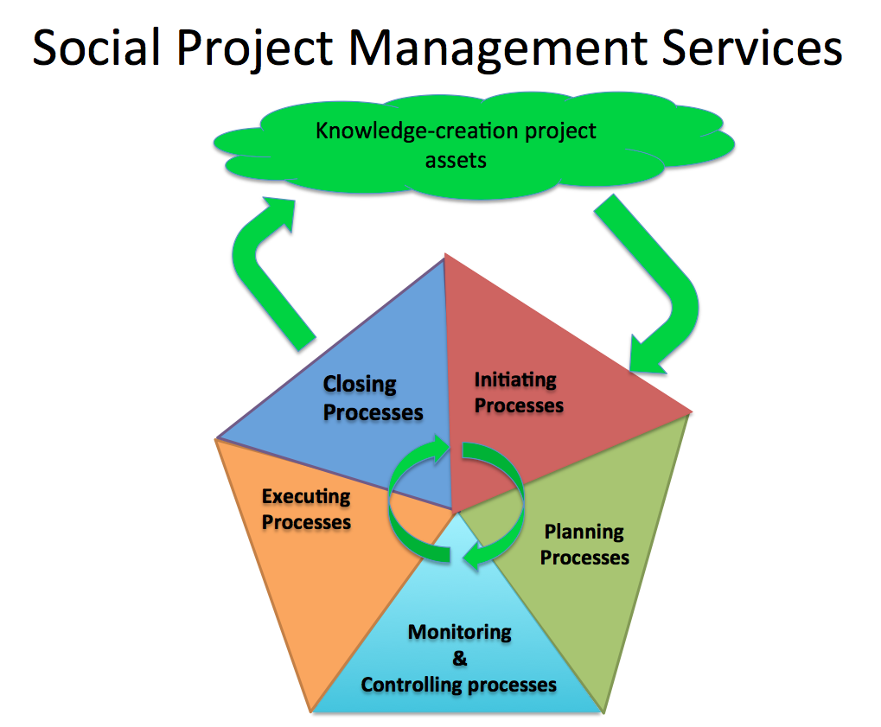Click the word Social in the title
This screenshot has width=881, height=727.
coord(97,48)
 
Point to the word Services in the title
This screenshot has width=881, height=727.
coord(752,48)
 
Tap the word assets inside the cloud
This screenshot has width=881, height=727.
coord(456,161)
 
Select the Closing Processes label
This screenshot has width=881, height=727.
coord(373,398)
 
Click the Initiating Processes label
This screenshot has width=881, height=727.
coord(519,392)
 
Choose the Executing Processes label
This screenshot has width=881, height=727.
coord(306,509)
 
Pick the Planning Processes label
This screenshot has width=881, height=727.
coord(584,544)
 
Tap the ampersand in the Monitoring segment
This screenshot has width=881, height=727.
coord(460,658)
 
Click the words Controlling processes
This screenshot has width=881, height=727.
coord(458,685)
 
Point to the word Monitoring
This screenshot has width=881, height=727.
coord(460,633)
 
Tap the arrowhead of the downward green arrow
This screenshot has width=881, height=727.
coord(645,357)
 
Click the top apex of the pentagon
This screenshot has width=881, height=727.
coord(444,253)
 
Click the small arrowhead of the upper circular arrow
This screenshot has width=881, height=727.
coord(439,448)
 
